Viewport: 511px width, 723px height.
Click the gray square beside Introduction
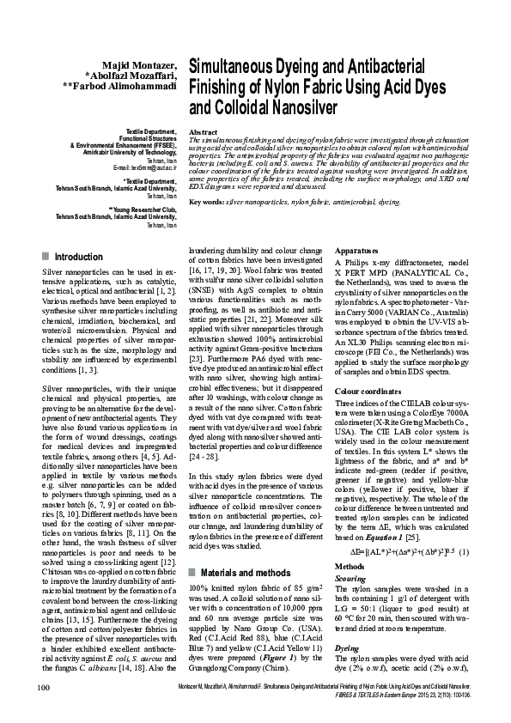click(45, 257)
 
